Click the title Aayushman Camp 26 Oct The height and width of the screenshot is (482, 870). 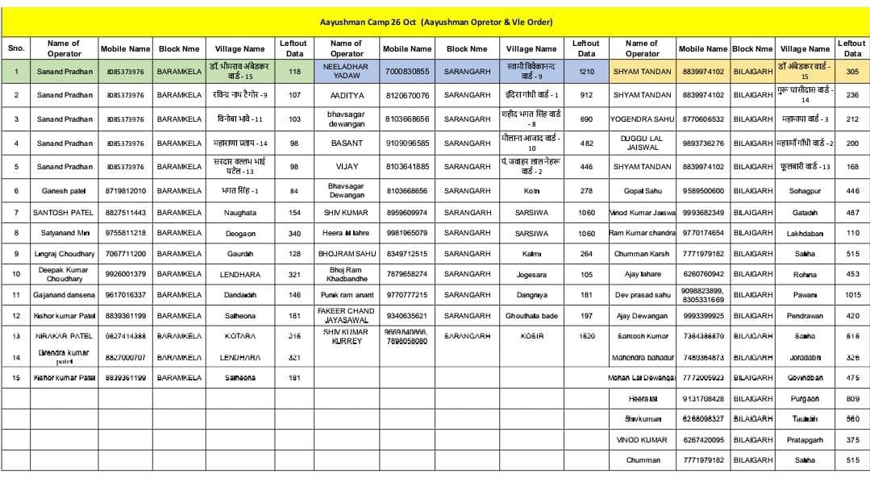[x=435, y=22]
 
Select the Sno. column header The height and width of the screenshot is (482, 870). [x=16, y=48]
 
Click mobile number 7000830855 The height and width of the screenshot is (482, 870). [x=407, y=71]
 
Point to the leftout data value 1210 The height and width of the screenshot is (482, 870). [x=586, y=71]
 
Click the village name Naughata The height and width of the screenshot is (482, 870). [x=239, y=212]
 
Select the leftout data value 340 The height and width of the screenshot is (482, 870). [x=294, y=233]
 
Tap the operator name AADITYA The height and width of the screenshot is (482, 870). [x=346, y=95]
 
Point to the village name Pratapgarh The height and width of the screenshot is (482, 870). [x=804, y=440]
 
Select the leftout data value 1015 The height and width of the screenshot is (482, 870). [x=852, y=295]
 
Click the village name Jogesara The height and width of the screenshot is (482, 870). [x=531, y=274]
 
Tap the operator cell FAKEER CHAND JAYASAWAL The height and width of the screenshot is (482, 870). [x=346, y=315]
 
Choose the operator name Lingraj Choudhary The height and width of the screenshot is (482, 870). [x=65, y=254]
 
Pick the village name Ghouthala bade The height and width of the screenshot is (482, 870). [x=531, y=316]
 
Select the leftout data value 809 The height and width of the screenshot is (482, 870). [x=852, y=398]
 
